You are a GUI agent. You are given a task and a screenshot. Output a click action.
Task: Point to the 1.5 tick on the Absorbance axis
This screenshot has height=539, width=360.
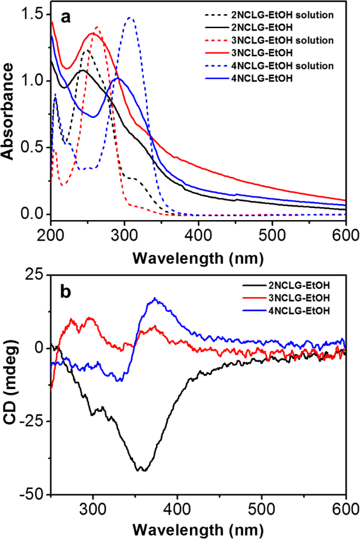click(37, 13)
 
